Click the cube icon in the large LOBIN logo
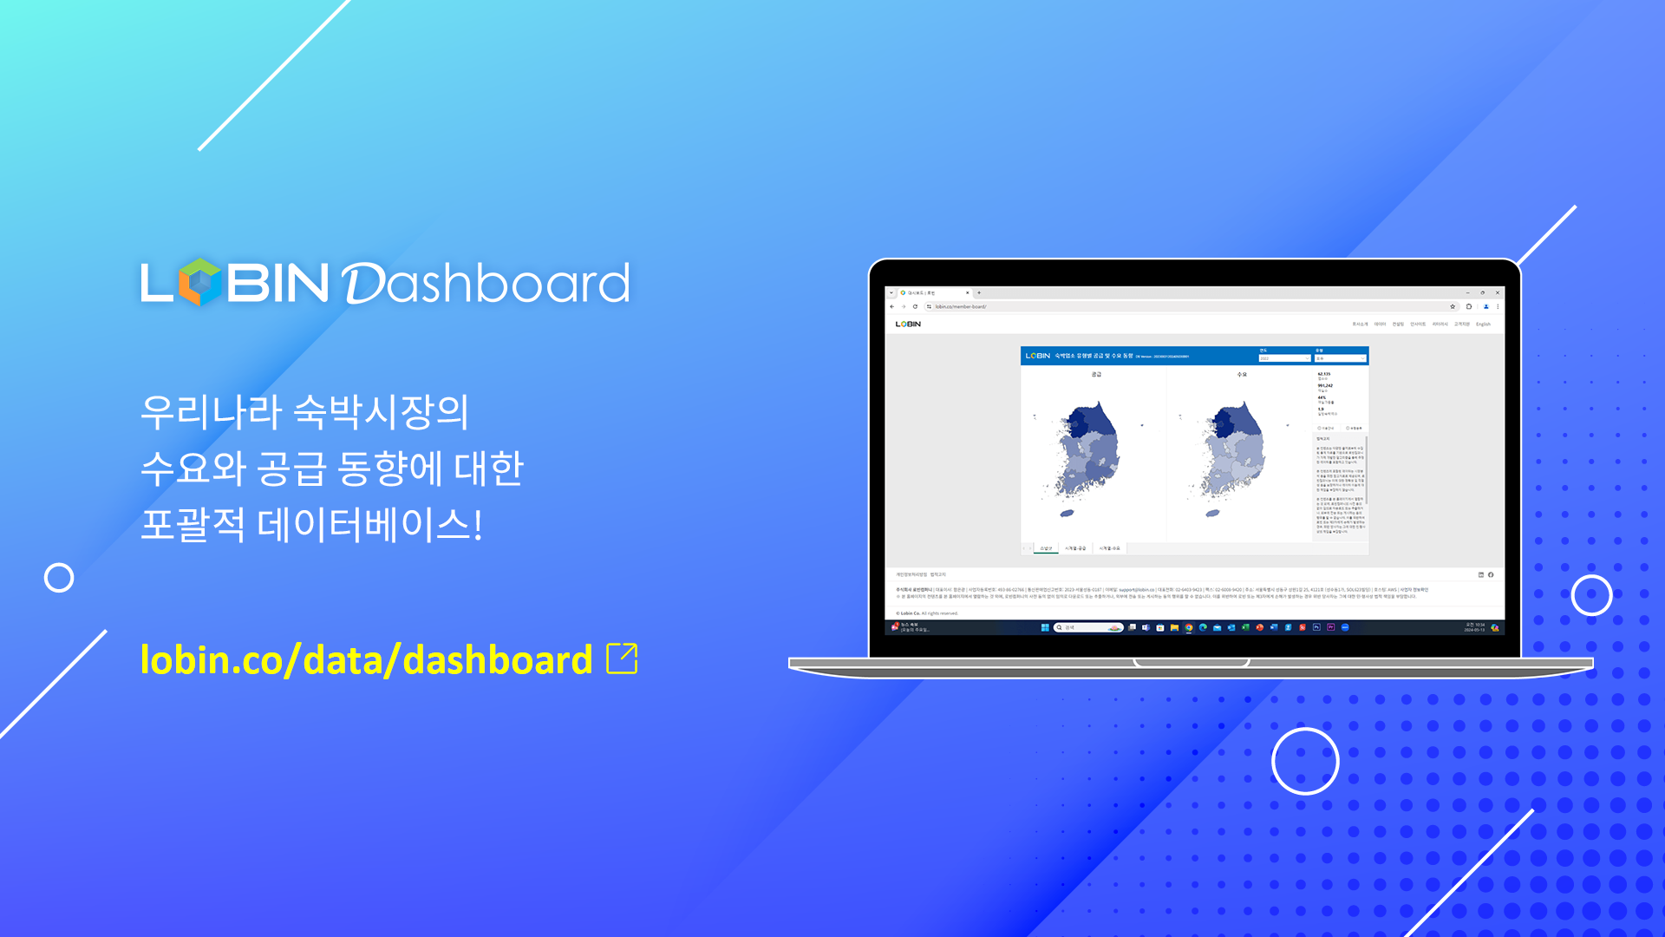tap(200, 282)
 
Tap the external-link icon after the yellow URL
tap(622, 659)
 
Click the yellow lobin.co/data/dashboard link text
tap(366, 660)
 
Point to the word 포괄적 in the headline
tap(193, 524)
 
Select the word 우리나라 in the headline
tap(212, 411)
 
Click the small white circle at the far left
tap(59, 578)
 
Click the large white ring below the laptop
tap(1305, 761)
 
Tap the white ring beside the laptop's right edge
tap(1591, 595)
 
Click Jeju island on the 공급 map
tap(1068, 514)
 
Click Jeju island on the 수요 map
tap(1213, 514)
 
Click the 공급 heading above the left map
tap(1096, 375)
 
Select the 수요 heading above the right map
tap(1242, 375)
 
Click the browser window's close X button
tap(1497, 293)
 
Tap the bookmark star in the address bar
tap(1453, 306)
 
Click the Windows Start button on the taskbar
tap(1045, 627)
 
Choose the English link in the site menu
tap(1484, 324)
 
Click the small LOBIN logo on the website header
tap(908, 324)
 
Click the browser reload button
tap(915, 306)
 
